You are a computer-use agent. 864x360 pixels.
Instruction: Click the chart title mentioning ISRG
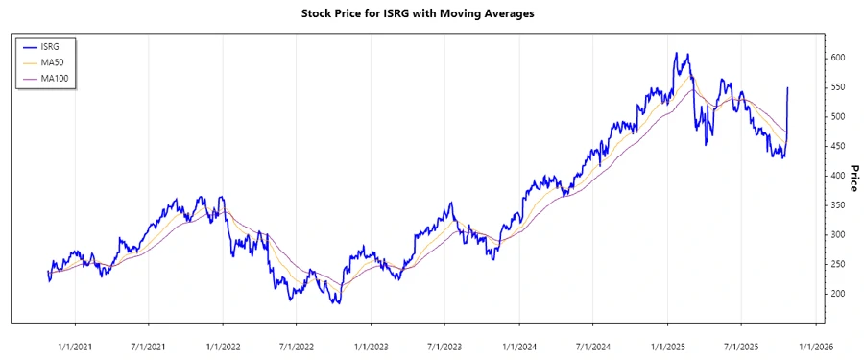(x=431, y=13)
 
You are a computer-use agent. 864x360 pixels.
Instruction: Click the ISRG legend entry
(x=54, y=46)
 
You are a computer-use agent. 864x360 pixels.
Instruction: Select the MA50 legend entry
(x=55, y=61)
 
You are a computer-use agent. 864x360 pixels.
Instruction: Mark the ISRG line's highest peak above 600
(x=676, y=53)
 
